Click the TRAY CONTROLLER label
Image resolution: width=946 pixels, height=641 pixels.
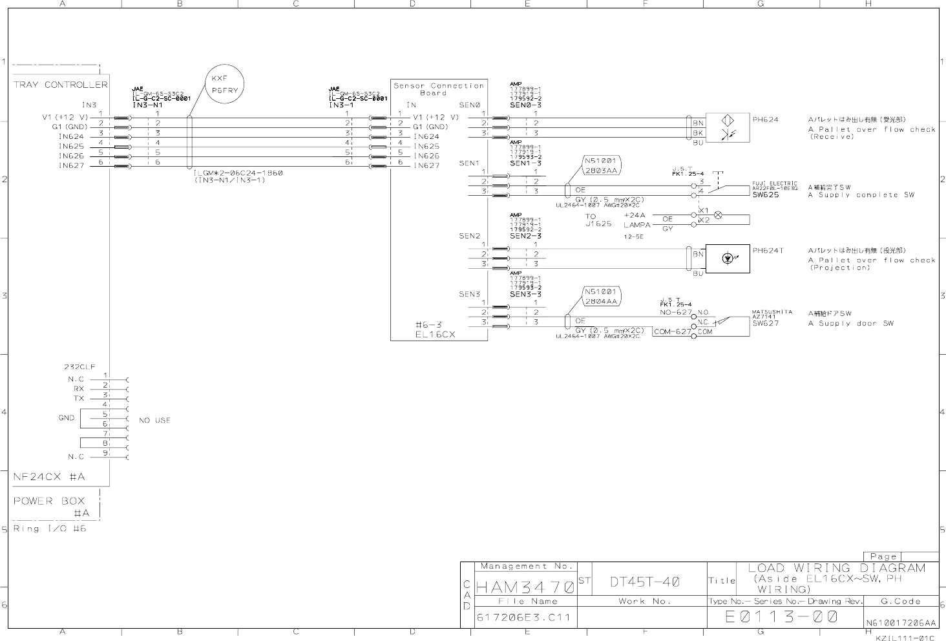tap(60, 85)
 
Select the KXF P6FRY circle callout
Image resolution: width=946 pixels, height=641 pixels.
tap(225, 84)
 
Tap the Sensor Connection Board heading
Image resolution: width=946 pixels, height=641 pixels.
tap(439, 89)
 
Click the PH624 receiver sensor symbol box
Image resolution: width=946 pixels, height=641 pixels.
tap(728, 128)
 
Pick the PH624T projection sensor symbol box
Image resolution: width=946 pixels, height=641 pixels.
tap(728, 258)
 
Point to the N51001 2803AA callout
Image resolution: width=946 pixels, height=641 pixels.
tap(602, 166)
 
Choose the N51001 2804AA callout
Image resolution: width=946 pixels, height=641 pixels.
tap(602, 297)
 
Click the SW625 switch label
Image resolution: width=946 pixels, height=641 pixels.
tap(766, 194)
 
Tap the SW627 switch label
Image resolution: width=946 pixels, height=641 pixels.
tap(766, 323)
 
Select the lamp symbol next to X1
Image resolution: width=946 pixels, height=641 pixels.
tap(717, 215)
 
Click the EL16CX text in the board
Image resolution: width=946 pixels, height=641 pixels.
tap(435, 335)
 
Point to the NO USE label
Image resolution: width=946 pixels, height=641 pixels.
tap(154, 420)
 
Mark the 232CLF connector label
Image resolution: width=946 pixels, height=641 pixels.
tap(79, 366)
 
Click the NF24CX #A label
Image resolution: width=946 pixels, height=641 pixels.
tap(49, 478)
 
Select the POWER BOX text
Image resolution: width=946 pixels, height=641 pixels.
tap(49, 501)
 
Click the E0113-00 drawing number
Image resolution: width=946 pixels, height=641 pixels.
tap(781, 617)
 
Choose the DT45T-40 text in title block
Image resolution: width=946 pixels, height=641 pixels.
tap(644, 582)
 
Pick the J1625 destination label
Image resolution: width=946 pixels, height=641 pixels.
tap(598, 224)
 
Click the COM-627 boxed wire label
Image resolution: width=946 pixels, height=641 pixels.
tap(671, 332)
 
